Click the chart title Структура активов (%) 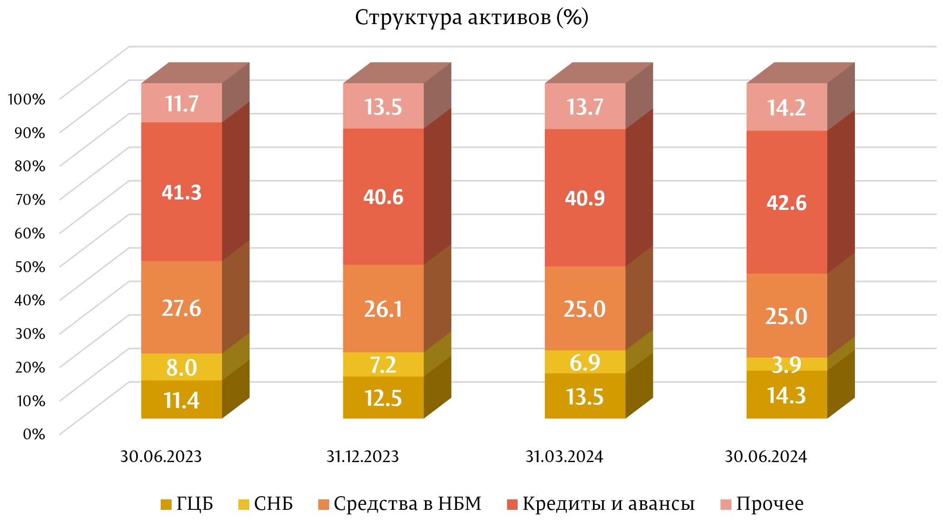(x=471, y=18)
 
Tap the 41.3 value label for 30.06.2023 (x=182, y=192)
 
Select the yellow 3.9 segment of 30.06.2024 (x=787, y=364)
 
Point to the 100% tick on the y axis (x=27, y=99)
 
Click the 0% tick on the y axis (x=34, y=434)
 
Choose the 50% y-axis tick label (x=30, y=266)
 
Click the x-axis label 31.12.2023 (x=362, y=456)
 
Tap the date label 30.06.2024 (x=765, y=456)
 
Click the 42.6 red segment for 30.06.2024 (x=787, y=202)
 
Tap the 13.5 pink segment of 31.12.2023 (x=383, y=107)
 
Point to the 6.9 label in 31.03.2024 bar (x=585, y=362)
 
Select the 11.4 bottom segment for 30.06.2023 (x=182, y=400)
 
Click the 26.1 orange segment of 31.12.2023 (x=383, y=309)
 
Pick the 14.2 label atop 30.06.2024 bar (x=786, y=108)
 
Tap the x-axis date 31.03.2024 (x=564, y=456)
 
